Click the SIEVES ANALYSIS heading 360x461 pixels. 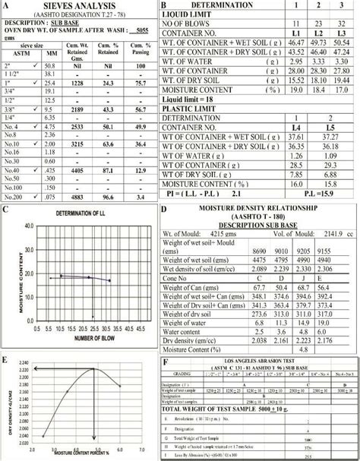(x=75, y=5)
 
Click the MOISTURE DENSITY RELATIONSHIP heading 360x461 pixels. (x=261, y=208)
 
